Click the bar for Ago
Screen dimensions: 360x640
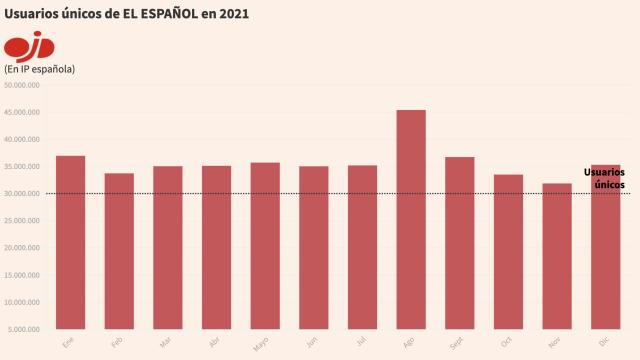(x=411, y=218)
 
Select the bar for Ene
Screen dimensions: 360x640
(x=70, y=241)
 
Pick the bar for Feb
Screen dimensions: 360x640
(x=119, y=250)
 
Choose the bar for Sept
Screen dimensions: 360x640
(x=460, y=242)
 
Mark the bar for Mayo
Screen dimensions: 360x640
(x=265, y=245)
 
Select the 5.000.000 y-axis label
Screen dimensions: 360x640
(x=24, y=329)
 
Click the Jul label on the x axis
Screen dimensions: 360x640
(x=362, y=341)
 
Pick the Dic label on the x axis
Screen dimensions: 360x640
(x=605, y=341)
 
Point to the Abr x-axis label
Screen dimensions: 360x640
(x=216, y=342)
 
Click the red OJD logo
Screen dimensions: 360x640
(x=29, y=46)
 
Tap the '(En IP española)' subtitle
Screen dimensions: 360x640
(x=41, y=68)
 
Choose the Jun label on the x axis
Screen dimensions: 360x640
(x=313, y=342)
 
